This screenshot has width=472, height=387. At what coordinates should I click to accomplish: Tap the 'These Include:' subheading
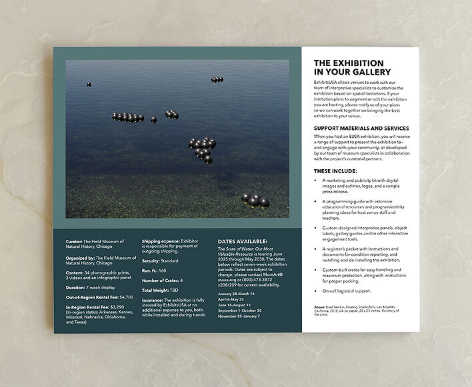click(x=336, y=171)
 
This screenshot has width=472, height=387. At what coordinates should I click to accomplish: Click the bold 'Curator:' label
click(x=75, y=240)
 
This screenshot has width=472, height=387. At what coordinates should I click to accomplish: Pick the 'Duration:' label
click(x=77, y=279)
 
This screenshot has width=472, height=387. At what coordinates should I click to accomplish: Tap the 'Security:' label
click(x=153, y=262)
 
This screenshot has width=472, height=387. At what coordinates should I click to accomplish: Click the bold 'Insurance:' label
click(x=154, y=300)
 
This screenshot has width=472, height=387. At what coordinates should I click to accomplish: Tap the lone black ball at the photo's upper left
click(x=89, y=85)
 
